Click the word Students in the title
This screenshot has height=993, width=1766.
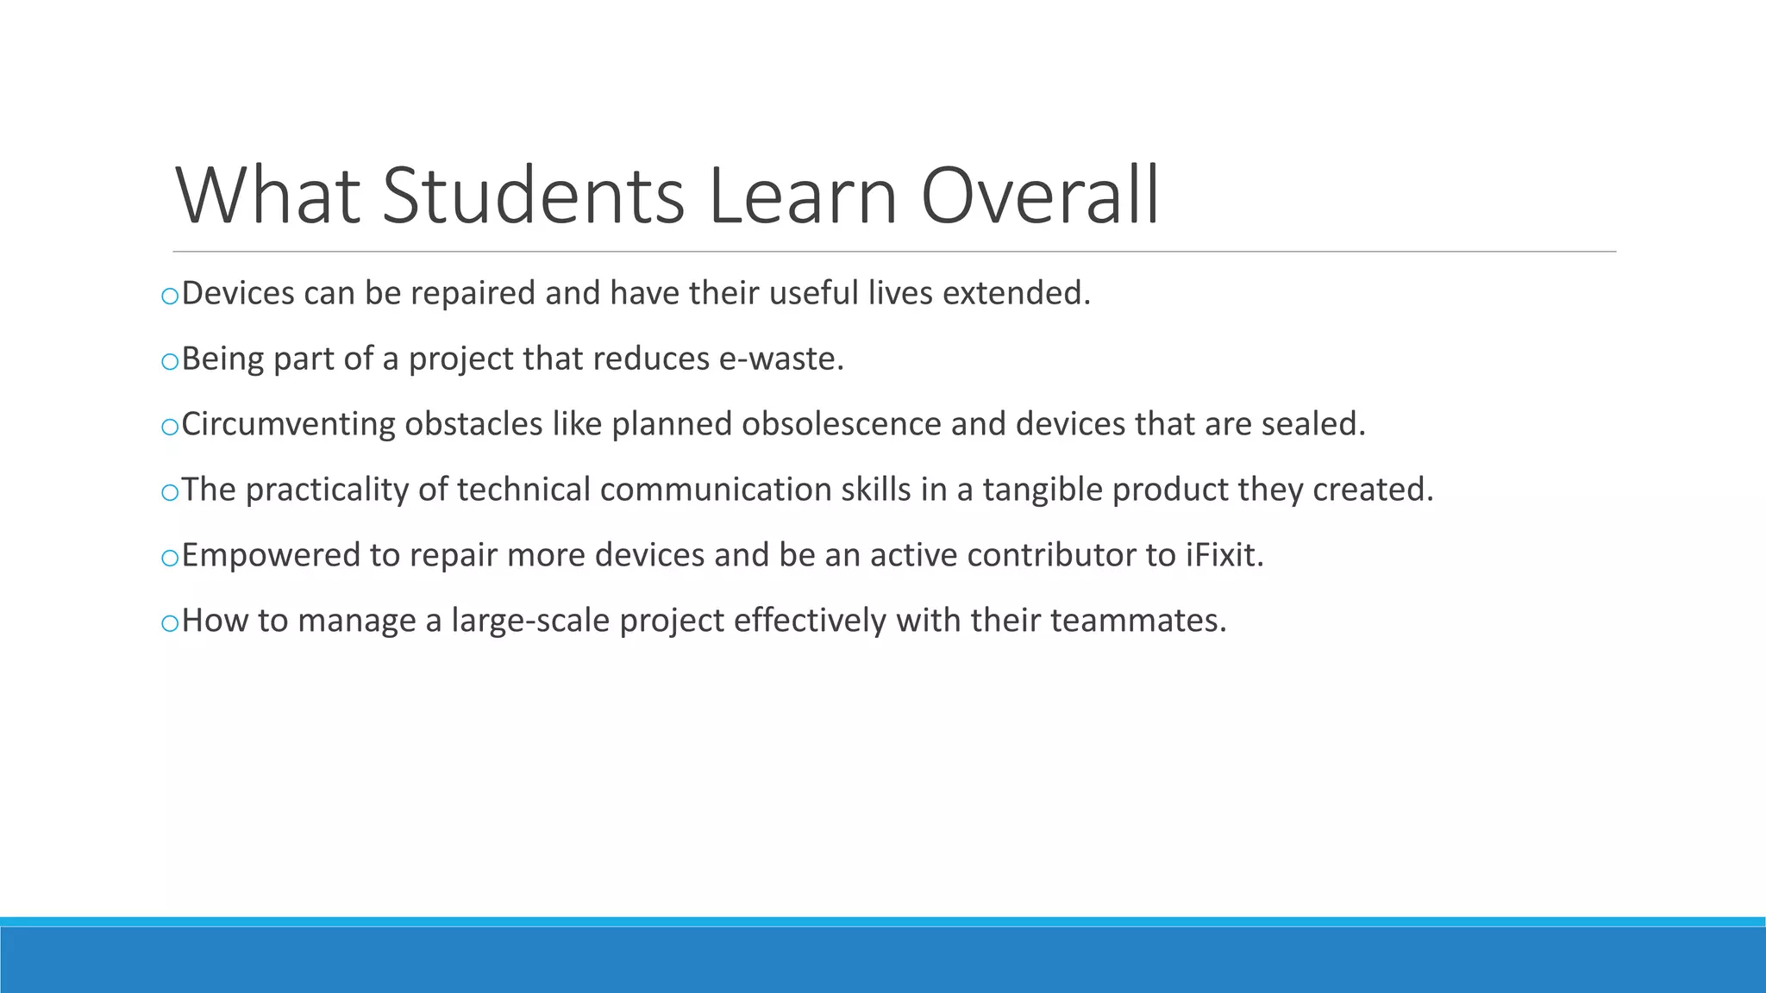coord(533,197)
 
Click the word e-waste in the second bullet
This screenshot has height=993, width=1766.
coord(780,359)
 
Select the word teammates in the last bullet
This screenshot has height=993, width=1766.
coord(1137,621)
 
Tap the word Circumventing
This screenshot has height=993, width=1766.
coord(288,424)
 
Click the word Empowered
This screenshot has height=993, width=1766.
coord(271,555)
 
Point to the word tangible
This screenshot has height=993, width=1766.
coord(1043,490)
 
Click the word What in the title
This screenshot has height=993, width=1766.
coord(267,197)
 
